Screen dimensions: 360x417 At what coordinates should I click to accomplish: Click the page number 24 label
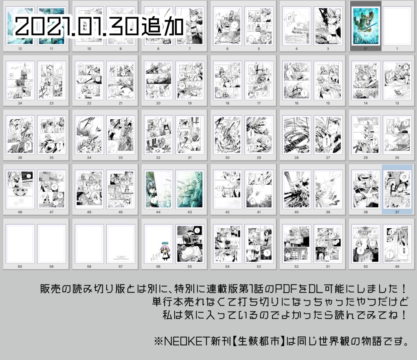[x=20, y=103]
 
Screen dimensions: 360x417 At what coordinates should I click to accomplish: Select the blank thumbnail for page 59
[x=51, y=244]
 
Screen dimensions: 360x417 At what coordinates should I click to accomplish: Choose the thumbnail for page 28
[x=296, y=135]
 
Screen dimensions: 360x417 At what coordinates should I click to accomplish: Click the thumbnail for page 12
[x=20, y=26]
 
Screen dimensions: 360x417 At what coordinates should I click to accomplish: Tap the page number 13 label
[x=397, y=103]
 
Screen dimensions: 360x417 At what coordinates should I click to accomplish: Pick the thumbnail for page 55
[x=189, y=244]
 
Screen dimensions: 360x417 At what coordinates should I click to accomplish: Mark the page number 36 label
[x=20, y=158]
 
